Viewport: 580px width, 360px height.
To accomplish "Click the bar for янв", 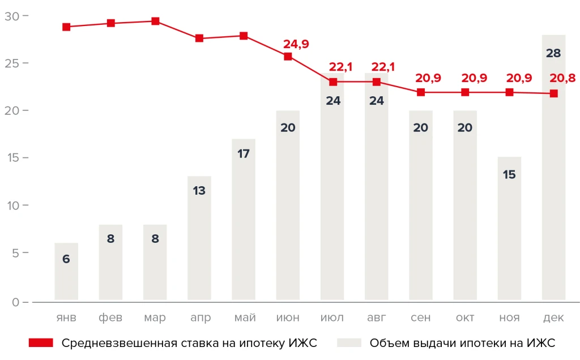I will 66,272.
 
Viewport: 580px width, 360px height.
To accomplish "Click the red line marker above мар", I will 155,22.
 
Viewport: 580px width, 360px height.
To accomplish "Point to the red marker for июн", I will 288,57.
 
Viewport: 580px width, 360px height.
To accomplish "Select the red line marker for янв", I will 66,27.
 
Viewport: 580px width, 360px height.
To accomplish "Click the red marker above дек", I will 553,93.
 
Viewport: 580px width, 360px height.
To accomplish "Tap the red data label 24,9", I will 295,44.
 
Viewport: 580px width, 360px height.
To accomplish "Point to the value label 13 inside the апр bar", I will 199,191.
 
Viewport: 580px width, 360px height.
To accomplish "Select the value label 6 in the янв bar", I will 66,259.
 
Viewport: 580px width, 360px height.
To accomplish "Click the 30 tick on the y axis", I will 12,16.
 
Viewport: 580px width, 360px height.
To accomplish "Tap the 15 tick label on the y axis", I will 12,157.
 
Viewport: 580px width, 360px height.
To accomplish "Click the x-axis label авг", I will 377,318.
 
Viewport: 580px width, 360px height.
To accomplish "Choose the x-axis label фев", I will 110,318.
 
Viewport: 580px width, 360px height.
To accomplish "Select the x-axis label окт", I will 465,318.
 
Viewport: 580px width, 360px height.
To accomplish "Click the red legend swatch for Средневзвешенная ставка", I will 40,343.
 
